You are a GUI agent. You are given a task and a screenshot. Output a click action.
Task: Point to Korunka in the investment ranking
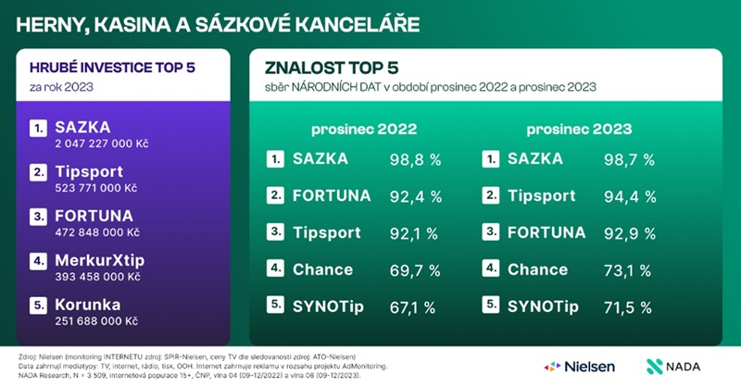point(89,305)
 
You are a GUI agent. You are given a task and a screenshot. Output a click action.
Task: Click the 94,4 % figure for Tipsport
point(632,196)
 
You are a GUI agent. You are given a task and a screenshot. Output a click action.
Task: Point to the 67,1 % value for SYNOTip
point(414,306)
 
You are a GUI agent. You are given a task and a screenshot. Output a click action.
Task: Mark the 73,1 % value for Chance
point(631,269)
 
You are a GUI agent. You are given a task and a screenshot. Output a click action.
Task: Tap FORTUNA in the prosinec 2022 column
point(331,195)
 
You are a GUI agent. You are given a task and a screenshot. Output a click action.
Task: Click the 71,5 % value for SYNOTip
point(631,306)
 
